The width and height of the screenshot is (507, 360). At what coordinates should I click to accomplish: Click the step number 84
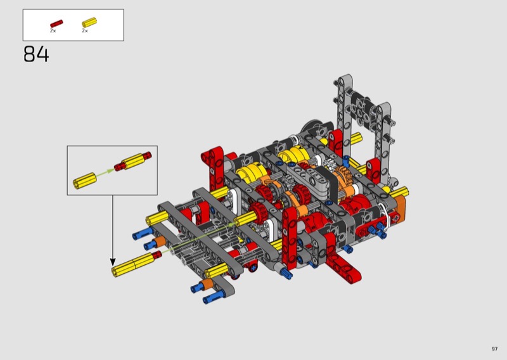(36, 55)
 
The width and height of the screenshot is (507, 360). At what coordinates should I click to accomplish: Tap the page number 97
(494, 349)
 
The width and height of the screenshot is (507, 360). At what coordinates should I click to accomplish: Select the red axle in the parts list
(56, 24)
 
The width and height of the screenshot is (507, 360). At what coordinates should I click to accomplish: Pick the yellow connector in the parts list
(89, 22)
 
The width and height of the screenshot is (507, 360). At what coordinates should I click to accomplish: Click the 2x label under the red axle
(53, 30)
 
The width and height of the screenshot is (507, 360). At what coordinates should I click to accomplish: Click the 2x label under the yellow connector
(85, 30)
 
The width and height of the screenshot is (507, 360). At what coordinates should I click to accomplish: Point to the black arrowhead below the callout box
(113, 262)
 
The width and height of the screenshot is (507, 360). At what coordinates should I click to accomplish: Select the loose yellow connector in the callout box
(85, 181)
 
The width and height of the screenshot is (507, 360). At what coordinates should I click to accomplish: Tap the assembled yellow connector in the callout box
(133, 161)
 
